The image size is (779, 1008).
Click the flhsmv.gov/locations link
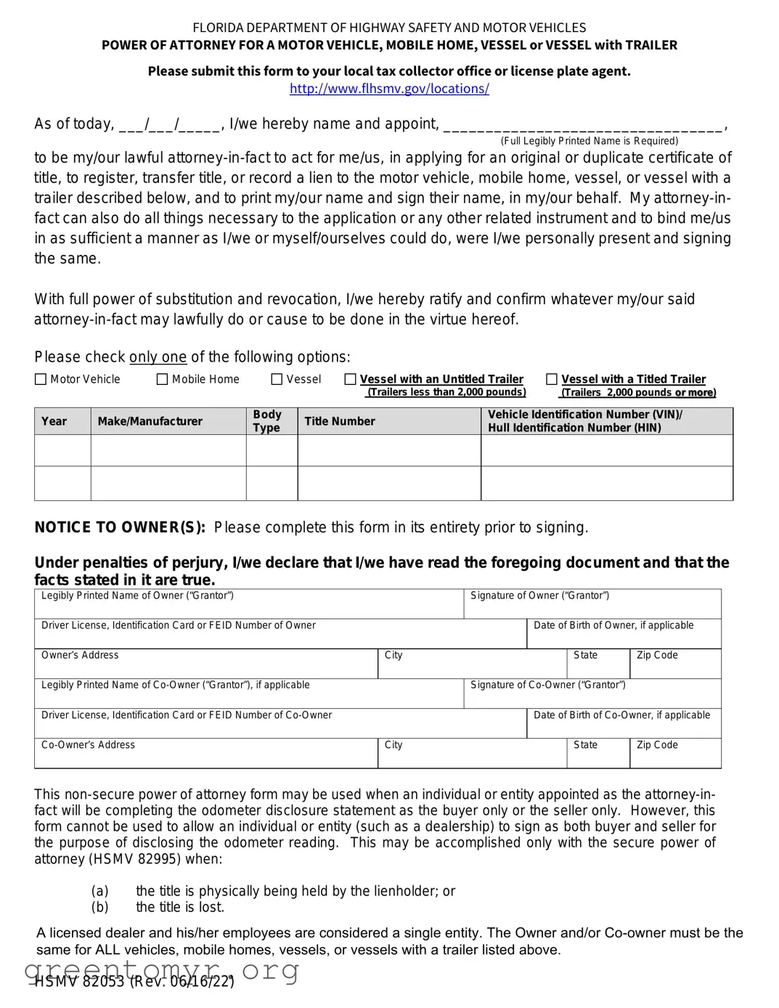(389, 89)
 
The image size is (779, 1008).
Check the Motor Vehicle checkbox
(41, 379)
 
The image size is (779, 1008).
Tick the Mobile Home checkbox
(163, 379)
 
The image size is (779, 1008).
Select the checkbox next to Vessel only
(277, 379)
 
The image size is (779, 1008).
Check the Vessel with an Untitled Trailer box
(351, 379)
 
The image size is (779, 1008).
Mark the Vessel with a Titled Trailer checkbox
(552, 379)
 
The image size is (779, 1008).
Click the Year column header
(54, 421)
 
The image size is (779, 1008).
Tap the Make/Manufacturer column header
(150, 421)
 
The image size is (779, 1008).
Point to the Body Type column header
(267, 420)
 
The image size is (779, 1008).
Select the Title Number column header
(340, 421)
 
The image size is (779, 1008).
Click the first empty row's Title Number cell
(389, 451)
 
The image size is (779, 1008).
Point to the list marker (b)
(99, 907)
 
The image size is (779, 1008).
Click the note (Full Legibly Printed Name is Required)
(590, 141)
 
